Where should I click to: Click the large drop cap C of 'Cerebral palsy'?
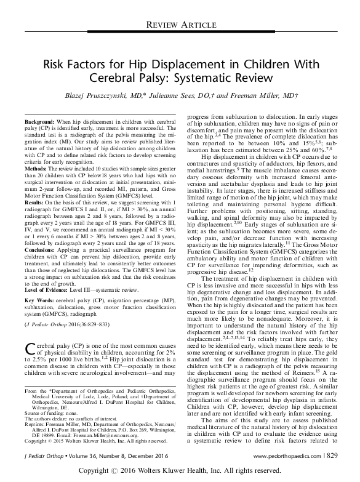point(30,350)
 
